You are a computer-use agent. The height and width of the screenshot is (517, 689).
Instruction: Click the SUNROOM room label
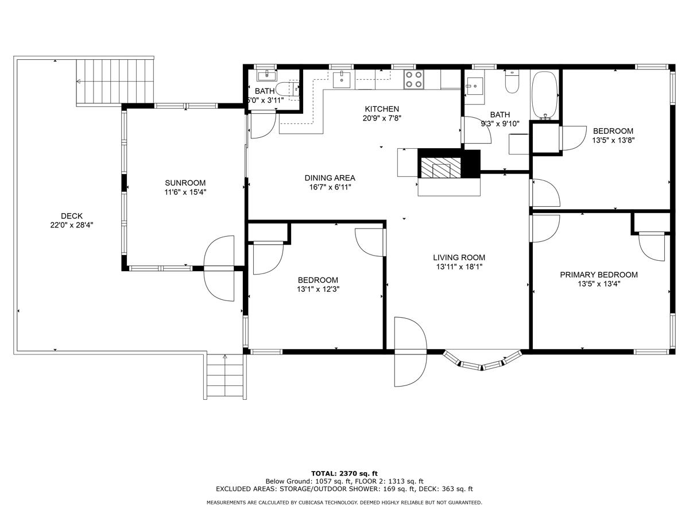tap(185, 183)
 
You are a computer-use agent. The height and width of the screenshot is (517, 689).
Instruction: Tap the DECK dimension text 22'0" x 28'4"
tap(72, 226)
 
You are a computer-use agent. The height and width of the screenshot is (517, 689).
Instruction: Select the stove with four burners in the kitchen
tap(413, 79)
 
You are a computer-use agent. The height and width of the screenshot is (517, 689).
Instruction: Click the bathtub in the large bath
tap(545, 95)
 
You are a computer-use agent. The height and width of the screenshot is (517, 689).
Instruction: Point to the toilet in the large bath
tap(512, 82)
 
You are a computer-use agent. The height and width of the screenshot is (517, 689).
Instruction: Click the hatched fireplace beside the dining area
tap(441, 168)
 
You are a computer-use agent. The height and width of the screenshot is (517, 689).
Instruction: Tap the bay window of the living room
tap(482, 360)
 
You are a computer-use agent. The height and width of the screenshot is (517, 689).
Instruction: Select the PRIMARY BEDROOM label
tap(599, 275)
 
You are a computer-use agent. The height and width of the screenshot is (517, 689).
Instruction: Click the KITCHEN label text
tap(382, 109)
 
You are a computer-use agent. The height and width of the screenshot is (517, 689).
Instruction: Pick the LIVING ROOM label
tap(459, 257)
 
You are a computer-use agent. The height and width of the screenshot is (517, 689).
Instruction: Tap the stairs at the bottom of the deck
tap(225, 376)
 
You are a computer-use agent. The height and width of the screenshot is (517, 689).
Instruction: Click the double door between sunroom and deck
tap(219, 268)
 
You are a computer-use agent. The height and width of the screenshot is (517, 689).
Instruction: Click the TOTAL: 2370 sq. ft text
tap(344, 473)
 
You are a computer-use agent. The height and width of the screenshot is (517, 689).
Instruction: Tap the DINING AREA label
tap(330, 178)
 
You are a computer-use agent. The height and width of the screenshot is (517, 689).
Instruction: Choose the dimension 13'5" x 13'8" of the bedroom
tap(613, 140)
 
